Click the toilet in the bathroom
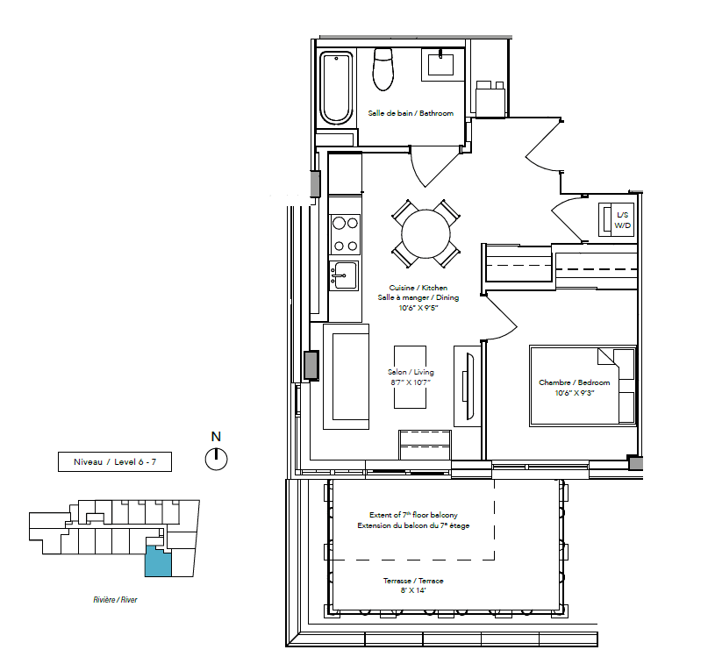[x=383, y=69]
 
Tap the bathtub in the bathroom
[x=336, y=89]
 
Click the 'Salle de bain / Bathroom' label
[x=411, y=113]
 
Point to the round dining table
[x=426, y=234]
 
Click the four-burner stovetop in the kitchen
[x=346, y=234]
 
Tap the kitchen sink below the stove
[x=344, y=275]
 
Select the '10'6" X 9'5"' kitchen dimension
[x=418, y=308]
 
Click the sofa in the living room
[x=346, y=376]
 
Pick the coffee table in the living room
[x=410, y=377]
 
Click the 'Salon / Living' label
[x=411, y=372]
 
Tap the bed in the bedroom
[x=583, y=386]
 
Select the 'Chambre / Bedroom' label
[x=575, y=382]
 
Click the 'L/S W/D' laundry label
[x=622, y=220]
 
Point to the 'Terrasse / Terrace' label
[x=413, y=581]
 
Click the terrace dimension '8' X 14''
[x=413, y=590]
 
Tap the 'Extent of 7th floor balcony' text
[x=413, y=515]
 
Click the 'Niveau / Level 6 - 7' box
[x=115, y=461]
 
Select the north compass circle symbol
[x=217, y=460]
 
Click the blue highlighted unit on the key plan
[x=158, y=561]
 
